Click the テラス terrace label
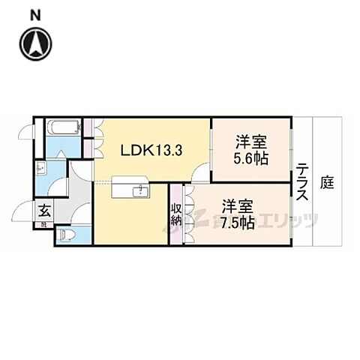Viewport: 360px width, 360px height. (301, 184)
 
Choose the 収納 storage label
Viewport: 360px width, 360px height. (176, 214)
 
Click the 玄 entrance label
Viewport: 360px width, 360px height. (44, 211)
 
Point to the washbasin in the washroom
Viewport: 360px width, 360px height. (42, 169)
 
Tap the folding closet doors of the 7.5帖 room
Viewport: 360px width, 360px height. (187, 217)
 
